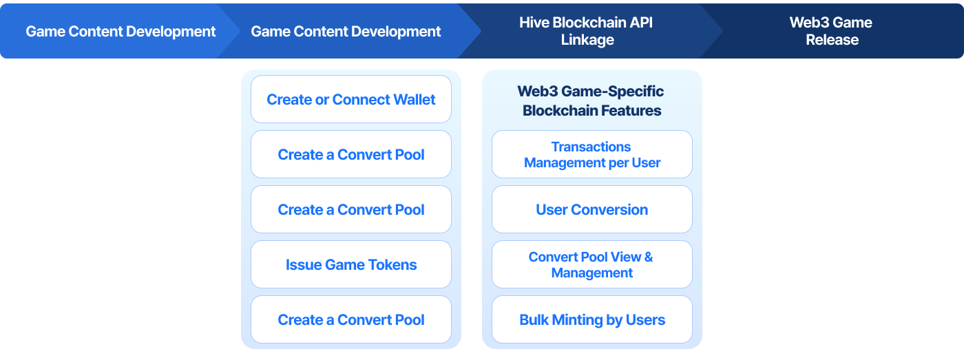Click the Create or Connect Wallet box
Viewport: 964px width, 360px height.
click(350, 99)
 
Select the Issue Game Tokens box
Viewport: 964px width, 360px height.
click(350, 264)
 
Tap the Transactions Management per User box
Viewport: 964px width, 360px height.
click(591, 154)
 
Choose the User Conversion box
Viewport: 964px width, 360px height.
click(591, 209)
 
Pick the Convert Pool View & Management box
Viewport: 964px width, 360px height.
click(591, 264)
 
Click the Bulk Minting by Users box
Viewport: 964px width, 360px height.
click(591, 319)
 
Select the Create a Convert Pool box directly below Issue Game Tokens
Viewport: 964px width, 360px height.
click(350, 319)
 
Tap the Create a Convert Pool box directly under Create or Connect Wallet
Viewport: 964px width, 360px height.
click(350, 154)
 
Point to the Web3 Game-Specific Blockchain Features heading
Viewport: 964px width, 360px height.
click(591, 100)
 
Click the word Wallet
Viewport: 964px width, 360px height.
click(414, 99)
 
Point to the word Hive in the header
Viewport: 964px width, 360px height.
click(534, 22)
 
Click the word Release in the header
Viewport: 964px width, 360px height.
click(832, 39)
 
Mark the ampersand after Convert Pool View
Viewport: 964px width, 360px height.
click(648, 257)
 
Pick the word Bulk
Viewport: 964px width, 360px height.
click(534, 319)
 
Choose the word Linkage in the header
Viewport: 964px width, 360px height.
click(587, 40)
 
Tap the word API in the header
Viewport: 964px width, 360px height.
click(641, 22)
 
